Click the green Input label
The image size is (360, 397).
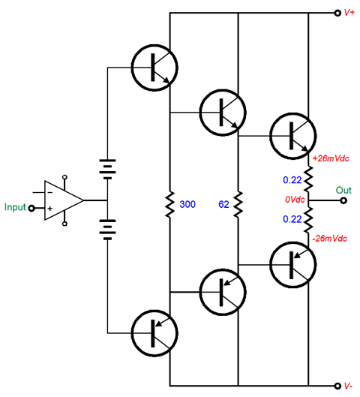pos(15,206)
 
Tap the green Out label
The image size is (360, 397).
pos(343,189)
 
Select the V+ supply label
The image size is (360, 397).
pos(349,14)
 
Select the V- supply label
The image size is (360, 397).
pos(349,386)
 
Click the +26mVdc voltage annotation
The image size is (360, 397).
pos(330,158)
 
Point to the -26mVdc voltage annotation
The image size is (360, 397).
pos(329,238)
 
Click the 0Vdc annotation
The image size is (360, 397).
pos(294,200)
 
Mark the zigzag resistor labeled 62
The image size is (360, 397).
pos(238,203)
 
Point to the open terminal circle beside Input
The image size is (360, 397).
pos(31,208)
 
